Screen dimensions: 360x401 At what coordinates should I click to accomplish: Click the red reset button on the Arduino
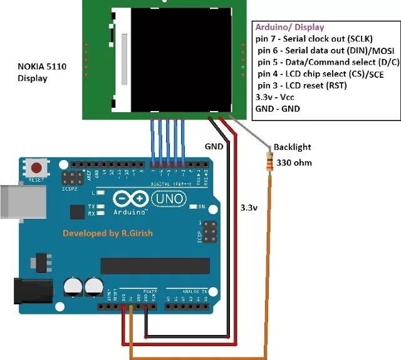(x=37, y=168)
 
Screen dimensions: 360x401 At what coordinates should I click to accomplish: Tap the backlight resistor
(x=270, y=161)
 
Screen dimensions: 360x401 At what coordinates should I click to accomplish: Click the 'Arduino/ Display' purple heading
(x=290, y=28)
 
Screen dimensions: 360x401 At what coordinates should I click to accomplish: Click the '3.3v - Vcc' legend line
(x=278, y=97)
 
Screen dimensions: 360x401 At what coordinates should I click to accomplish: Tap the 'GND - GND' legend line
(x=278, y=109)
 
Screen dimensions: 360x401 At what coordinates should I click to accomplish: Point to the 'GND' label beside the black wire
(x=214, y=146)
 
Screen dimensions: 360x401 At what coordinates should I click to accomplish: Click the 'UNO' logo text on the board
(x=168, y=199)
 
